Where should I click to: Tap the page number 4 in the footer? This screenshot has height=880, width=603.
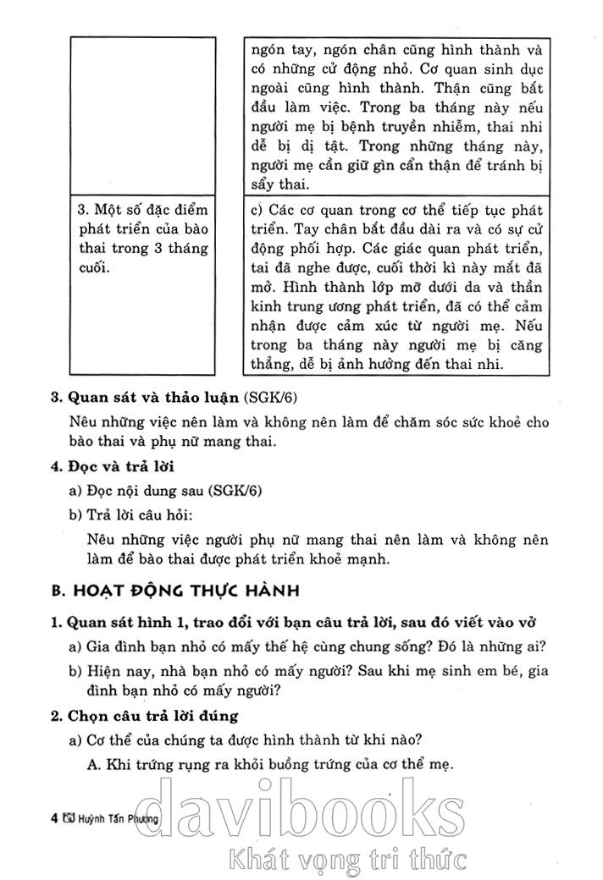click(54, 818)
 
